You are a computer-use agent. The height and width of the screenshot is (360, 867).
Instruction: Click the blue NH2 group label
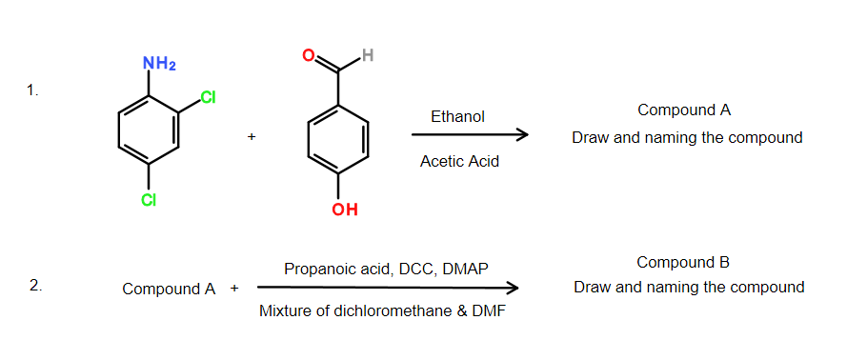[159, 64]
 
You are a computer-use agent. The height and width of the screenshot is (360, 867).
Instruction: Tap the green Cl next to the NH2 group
[209, 99]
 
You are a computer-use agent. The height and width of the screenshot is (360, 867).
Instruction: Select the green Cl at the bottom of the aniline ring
[149, 200]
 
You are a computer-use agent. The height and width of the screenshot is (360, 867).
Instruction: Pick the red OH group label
[345, 210]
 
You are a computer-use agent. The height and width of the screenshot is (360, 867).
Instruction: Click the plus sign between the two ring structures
[252, 137]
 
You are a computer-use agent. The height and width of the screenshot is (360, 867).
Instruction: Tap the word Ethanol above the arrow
[457, 117]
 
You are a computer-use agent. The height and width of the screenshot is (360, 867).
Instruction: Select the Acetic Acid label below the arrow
[459, 161]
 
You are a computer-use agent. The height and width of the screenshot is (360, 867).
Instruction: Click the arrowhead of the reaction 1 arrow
[522, 136]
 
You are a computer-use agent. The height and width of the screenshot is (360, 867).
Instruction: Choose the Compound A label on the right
[684, 110]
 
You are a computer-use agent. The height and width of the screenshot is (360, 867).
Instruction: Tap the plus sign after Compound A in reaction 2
[233, 288]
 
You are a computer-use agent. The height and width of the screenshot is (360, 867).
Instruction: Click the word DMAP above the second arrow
[465, 270]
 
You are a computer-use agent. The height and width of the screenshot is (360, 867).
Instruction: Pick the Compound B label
[683, 263]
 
